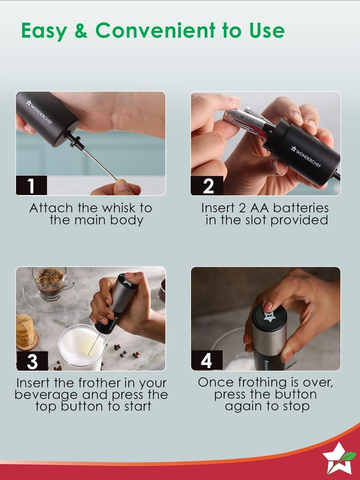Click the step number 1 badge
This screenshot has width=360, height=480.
[31, 185]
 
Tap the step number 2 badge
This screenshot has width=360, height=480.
[207, 185]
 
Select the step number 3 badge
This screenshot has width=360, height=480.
[32, 361]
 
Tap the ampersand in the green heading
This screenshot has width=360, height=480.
[81, 30]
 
